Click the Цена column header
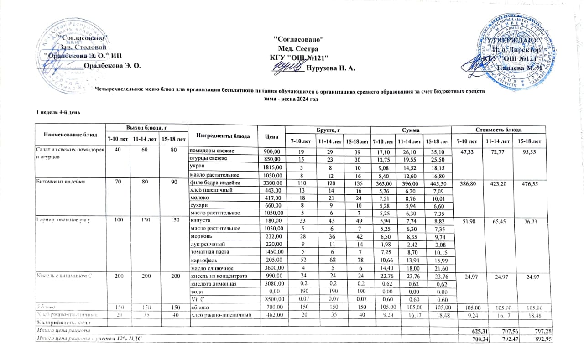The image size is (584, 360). pyautogui.click(x=271, y=136)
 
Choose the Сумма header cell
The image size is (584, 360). pyautogui.click(x=410, y=130)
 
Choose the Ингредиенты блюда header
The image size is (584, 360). pyautogui.click(x=223, y=136)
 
